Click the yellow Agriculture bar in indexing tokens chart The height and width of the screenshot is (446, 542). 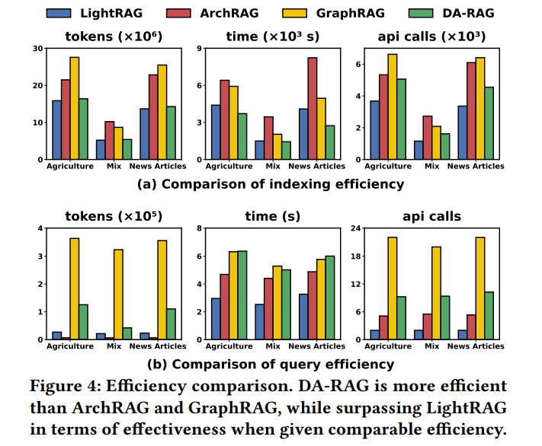(75, 108)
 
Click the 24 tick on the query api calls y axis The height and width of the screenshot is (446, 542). (355, 228)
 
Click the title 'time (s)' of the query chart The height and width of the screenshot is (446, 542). (272, 216)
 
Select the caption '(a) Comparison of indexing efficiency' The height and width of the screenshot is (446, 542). (271, 183)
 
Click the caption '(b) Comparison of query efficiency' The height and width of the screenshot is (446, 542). (271, 364)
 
